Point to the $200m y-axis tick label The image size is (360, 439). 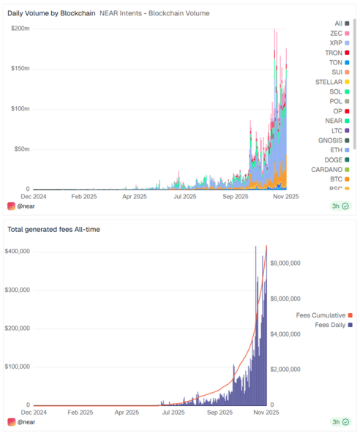click(x=20, y=28)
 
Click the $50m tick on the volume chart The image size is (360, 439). click(x=22, y=149)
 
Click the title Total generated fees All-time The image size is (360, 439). click(x=53, y=230)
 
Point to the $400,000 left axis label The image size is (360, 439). click(x=18, y=251)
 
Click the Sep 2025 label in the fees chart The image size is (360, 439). click(x=220, y=413)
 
